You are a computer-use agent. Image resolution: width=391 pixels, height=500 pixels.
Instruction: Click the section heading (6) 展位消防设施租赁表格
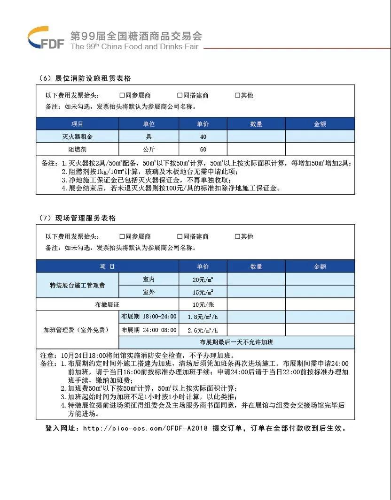[85, 78]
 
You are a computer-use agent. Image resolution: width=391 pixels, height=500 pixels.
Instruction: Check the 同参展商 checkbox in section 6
[122, 95]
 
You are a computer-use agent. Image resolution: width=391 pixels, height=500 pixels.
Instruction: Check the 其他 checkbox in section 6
[237, 95]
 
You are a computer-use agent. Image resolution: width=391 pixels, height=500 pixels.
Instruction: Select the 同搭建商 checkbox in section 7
[180, 236]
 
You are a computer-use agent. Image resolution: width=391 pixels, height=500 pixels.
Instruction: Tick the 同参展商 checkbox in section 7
[122, 236]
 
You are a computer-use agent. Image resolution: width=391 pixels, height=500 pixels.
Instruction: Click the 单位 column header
[149, 124]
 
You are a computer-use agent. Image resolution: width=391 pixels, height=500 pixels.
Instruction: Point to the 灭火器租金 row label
[78, 136]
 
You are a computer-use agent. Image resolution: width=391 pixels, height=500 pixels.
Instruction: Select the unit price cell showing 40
[203, 136]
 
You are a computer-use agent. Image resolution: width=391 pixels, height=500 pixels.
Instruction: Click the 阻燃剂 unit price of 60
[203, 150]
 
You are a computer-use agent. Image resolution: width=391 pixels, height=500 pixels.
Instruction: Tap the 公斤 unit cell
[149, 150]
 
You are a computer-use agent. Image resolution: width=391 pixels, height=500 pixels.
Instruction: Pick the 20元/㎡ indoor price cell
[203, 279]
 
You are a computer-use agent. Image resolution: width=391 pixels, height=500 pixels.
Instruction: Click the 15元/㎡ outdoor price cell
[203, 292]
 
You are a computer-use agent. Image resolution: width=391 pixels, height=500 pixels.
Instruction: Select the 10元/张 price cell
[203, 304]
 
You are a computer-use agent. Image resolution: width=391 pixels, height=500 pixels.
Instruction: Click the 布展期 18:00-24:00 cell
[149, 317]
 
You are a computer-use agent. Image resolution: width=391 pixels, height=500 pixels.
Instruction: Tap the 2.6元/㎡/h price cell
[203, 330]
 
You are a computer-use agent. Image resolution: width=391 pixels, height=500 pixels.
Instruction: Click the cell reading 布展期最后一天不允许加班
[236, 342]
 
